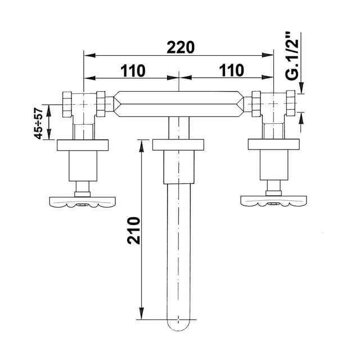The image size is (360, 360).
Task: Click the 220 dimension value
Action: click(x=180, y=47)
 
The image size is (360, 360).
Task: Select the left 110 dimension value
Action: click(x=133, y=70)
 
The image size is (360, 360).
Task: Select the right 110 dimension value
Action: click(x=231, y=70)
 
